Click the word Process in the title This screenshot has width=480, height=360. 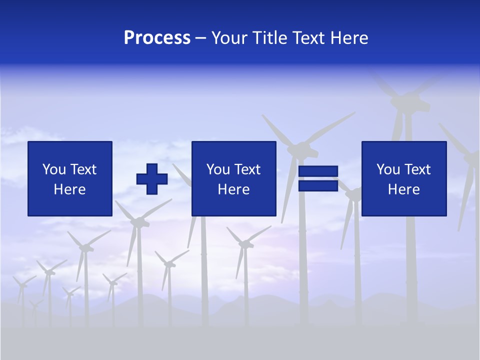click(x=157, y=38)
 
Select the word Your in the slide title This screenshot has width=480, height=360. click(x=229, y=38)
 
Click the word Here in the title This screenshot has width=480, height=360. click(x=348, y=38)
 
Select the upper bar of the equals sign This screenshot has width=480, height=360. click(x=318, y=171)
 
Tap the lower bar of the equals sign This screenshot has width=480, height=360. click(x=318, y=185)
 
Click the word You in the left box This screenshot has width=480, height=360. click(x=54, y=169)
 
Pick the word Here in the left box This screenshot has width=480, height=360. click(x=69, y=189)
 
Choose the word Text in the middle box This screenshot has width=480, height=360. click(x=247, y=169)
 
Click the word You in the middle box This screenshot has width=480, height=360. click(x=218, y=169)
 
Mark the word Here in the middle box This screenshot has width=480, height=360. click(x=233, y=189)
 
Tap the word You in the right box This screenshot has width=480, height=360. click(x=388, y=169)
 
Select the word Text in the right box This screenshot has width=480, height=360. click(x=417, y=169)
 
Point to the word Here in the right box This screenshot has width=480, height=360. click(x=403, y=189)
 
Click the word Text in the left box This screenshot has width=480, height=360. click(x=83, y=169)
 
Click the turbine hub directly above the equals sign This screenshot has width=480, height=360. click(x=301, y=148)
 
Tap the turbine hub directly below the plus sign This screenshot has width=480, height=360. click(x=139, y=222)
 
